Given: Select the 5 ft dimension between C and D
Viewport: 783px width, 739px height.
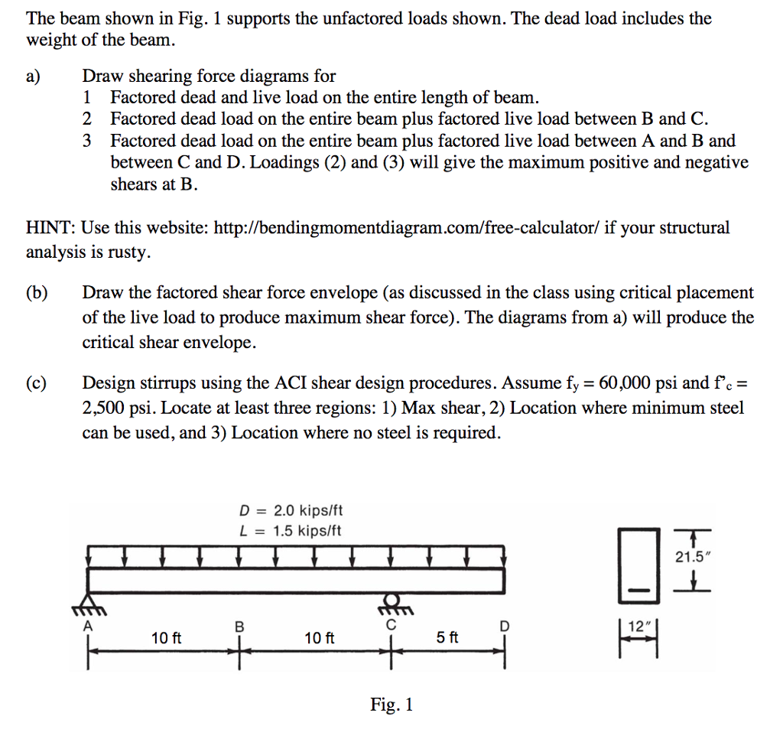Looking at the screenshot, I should click(x=447, y=637).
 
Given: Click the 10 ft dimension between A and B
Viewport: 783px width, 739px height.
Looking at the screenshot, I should click(x=166, y=637).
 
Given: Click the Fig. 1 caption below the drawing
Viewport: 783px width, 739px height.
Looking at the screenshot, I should click(x=391, y=705).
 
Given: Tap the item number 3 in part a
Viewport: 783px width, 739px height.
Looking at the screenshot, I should click(x=88, y=141).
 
